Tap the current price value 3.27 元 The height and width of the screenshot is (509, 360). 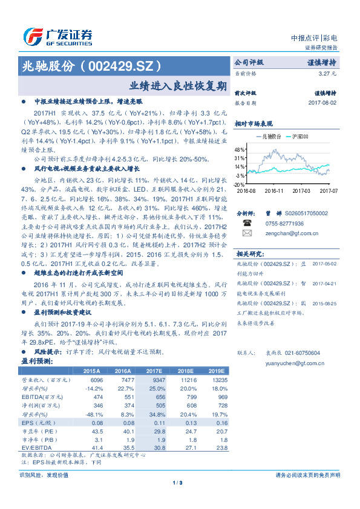click(327, 73)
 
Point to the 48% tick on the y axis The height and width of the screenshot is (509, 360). click(240, 149)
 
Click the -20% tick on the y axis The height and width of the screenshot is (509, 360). click(240, 184)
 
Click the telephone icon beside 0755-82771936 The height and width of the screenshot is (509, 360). click(246, 222)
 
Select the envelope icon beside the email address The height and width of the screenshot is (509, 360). click(246, 232)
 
